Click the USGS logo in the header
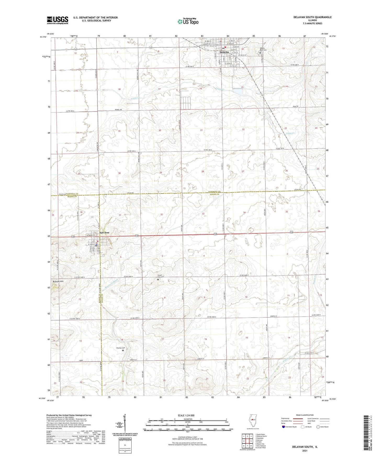(58, 20)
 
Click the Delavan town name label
(224, 52)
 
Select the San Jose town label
(104, 232)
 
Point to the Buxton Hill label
(58, 282)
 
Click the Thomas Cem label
(121, 348)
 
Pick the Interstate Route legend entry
(291, 427)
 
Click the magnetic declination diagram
(125, 424)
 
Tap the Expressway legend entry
(285, 418)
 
